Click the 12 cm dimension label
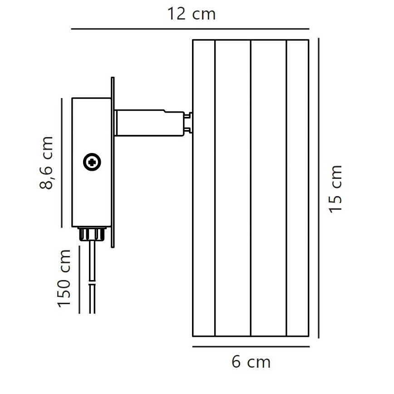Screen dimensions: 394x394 pyautogui.click(x=191, y=15)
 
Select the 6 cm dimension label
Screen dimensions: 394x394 pyautogui.click(x=251, y=362)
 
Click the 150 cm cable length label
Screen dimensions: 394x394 pyautogui.click(x=64, y=278)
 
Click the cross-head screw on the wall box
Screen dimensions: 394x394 pyautogui.click(x=92, y=162)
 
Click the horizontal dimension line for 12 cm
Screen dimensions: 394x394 pyautogui.click(x=191, y=30)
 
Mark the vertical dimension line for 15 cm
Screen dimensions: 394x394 pyautogui.click(x=320, y=188)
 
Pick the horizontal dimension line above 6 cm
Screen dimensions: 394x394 pyautogui.click(x=251, y=347)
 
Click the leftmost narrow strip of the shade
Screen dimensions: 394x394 pyautogui.click(x=204, y=188)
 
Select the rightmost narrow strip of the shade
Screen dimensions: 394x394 pyautogui.click(x=298, y=188)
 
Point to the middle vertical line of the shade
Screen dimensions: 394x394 pyautogui.click(x=251, y=188)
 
